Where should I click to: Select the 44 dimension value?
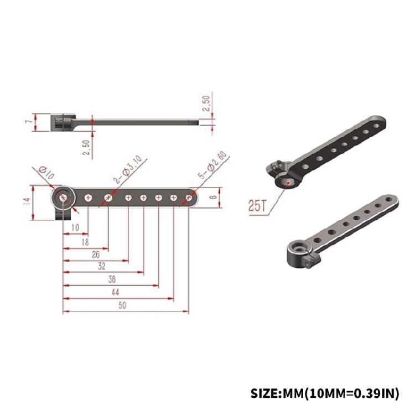pyautogui.click(x=115, y=292)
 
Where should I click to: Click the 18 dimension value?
pyautogui.click(x=85, y=242)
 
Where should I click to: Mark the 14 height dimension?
pyautogui.click(x=26, y=202)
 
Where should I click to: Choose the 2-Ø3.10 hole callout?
pyautogui.click(x=128, y=169)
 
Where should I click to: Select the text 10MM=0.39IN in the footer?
pyautogui.click(x=349, y=393)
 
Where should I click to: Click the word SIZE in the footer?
pyautogui.click(x=266, y=393)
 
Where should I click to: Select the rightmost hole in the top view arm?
pyautogui.click(x=188, y=197)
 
